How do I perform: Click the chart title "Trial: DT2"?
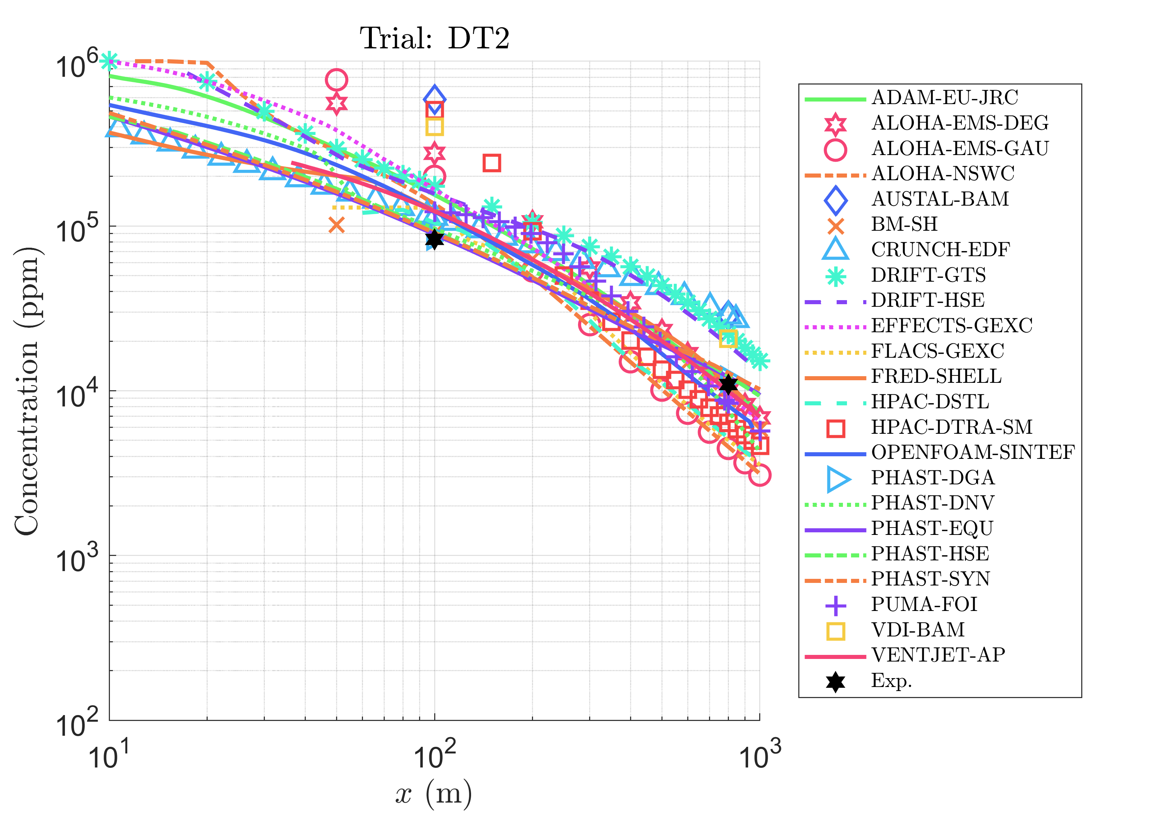click(434, 38)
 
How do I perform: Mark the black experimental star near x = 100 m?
click(434, 239)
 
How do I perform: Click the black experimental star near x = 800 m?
click(728, 384)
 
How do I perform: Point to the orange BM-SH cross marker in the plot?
click(336, 224)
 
